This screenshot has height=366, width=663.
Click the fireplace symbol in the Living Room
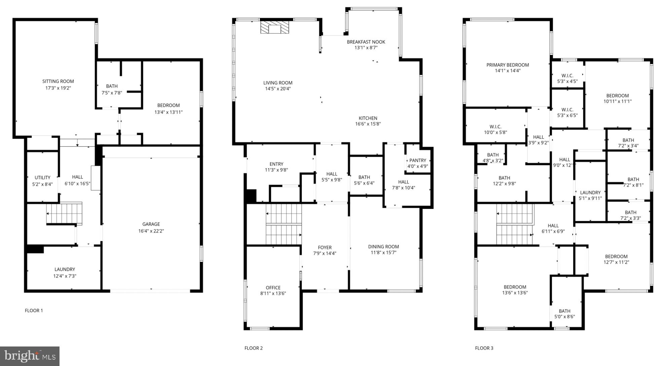(275, 27)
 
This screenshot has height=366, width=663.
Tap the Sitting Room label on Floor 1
(58, 81)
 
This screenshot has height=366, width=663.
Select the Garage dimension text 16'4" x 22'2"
(151, 231)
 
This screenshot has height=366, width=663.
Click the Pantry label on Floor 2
(418, 160)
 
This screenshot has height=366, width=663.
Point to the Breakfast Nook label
(366, 42)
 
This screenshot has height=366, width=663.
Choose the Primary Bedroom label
(507, 65)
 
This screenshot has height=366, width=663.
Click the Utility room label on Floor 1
(42, 178)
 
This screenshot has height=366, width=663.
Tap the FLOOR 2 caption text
(253, 348)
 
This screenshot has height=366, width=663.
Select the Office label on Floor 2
(273, 288)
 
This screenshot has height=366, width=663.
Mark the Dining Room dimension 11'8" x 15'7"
(383, 252)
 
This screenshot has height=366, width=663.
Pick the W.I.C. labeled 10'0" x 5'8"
(495, 130)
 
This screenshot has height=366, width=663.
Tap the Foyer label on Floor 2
(324, 247)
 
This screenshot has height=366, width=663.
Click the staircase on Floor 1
(64, 214)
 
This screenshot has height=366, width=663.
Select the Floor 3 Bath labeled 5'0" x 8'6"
(564, 314)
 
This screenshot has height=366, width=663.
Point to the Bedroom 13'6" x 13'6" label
(515, 290)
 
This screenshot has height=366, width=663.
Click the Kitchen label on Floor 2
(368, 118)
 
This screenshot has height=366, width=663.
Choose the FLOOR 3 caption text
(484, 348)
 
